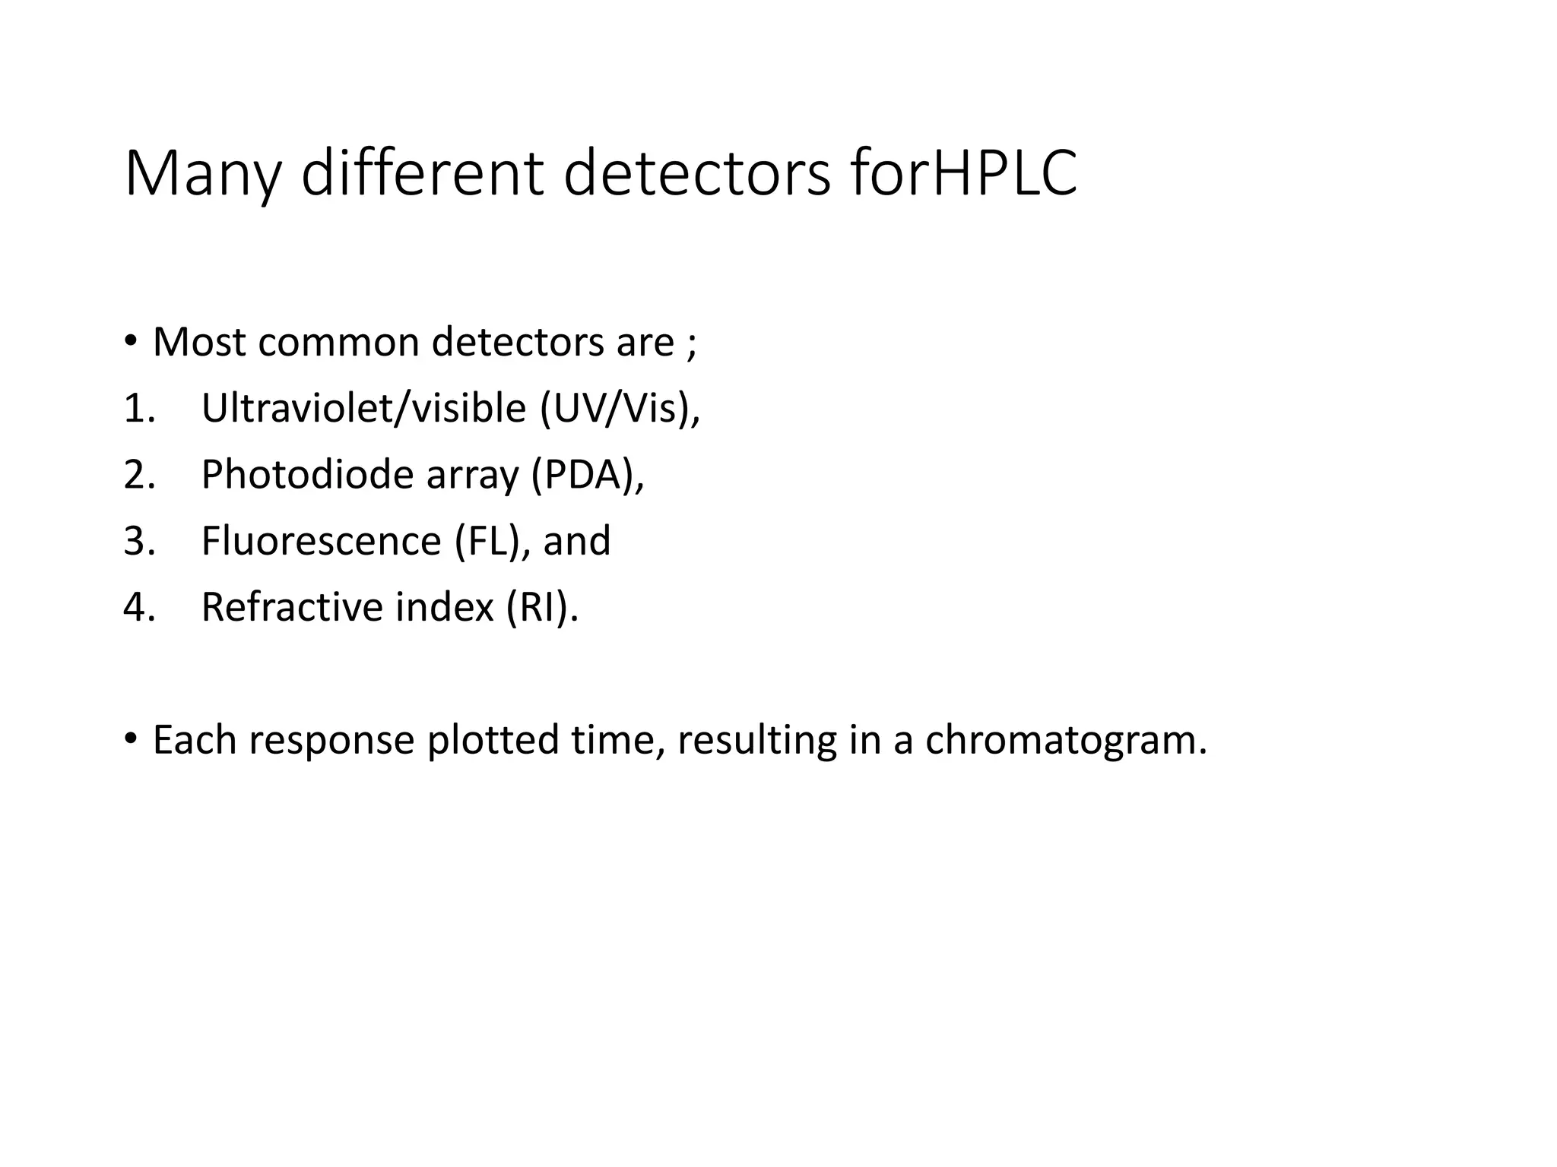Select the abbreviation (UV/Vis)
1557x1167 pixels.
619,409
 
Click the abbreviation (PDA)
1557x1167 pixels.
587,475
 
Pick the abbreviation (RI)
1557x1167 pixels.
541,607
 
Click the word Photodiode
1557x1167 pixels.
306,475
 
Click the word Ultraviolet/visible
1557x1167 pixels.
363,409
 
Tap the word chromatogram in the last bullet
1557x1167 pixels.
1065,740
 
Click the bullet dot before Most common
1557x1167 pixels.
131,340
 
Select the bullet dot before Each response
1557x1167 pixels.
131,738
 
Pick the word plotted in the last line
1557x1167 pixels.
493,740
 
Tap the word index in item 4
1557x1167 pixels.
444,607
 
